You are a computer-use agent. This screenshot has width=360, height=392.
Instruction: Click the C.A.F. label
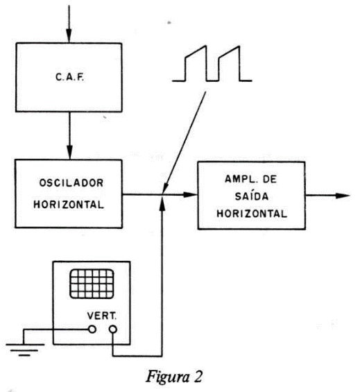tap(70, 77)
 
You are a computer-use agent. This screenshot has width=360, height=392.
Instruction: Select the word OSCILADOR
tap(71, 182)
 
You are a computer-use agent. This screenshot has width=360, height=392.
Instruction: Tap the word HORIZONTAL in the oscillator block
tap(69, 205)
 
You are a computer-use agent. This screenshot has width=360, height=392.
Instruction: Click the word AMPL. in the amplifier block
tap(238, 179)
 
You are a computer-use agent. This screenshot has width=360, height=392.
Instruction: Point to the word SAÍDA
tap(252, 196)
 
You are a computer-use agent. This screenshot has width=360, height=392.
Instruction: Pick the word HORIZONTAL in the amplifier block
tap(252, 214)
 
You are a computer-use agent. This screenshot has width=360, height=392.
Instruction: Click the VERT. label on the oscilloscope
tap(102, 316)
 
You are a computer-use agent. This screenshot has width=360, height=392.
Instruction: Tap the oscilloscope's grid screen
tap(92, 284)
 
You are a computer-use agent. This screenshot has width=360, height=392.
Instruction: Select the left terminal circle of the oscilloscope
tap(92, 330)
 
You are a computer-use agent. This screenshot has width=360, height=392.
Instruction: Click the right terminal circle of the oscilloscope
tap(113, 330)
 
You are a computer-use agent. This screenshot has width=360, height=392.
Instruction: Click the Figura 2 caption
tap(174, 377)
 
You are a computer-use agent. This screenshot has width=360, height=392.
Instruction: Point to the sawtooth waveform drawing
tap(212, 64)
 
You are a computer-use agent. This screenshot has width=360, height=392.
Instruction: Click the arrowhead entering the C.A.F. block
tap(69, 36)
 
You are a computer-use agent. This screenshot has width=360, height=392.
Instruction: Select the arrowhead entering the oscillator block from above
tap(70, 152)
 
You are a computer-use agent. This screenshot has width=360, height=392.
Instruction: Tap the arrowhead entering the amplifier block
tap(190, 194)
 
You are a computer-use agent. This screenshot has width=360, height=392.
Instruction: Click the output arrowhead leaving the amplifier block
tap(343, 196)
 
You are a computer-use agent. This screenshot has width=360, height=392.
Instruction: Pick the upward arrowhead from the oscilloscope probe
tap(162, 203)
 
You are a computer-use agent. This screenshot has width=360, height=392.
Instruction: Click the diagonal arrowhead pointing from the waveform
tap(166, 188)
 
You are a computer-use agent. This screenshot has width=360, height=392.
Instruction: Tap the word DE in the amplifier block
tap(270, 179)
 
